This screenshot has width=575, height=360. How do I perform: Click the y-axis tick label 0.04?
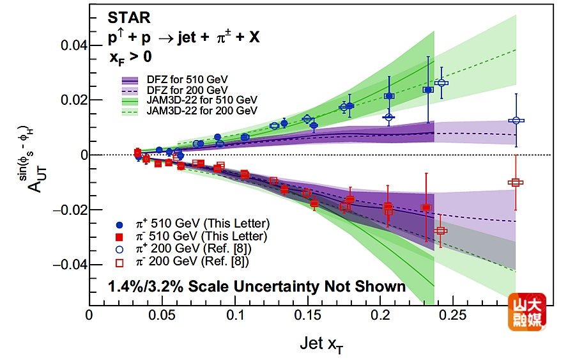tap(73, 45)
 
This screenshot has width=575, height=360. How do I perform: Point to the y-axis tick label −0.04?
tap(71, 265)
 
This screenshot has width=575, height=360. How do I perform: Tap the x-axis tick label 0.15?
tap(309, 315)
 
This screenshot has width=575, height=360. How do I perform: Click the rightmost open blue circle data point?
tap(516, 120)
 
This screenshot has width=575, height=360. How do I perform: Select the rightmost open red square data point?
tap(516, 182)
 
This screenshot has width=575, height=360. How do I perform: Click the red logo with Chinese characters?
tap(526, 312)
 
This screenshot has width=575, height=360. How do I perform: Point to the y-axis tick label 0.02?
tap(73, 100)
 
